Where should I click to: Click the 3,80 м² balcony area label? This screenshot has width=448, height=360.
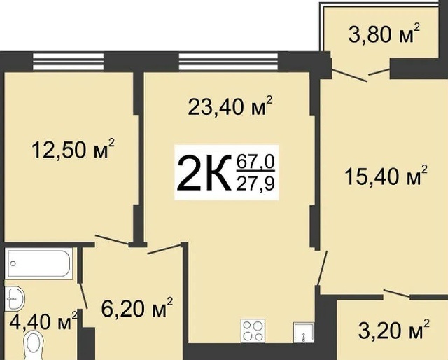click(x=384, y=34)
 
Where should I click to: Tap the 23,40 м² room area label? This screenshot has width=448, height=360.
click(x=230, y=106)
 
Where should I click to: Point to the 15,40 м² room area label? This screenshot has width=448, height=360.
click(x=386, y=175)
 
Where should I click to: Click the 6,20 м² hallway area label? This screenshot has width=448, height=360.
click(x=137, y=307)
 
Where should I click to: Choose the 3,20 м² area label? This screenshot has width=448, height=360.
click(x=393, y=329)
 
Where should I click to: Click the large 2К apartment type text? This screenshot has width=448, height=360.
click(x=204, y=173)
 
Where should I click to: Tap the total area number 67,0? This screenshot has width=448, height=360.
click(x=255, y=162)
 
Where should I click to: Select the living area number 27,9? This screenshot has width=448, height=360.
click(x=255, y=184)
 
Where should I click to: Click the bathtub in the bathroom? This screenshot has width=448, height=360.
click(x=39, y=263)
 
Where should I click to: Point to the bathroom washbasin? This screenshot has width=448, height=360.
click(x=15, y=298)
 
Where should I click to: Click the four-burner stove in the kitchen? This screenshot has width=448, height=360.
click(x=253, y=331)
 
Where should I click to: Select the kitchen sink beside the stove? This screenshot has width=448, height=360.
click(x=304, y=332)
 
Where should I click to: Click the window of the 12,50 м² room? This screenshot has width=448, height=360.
click(x=69, y=62)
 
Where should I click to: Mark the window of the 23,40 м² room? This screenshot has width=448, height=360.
click(x=228, y=62)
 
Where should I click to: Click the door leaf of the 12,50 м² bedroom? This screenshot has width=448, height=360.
click(x=112, y=240)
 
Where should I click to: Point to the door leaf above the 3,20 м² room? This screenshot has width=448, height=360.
click(x=398, y=293)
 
